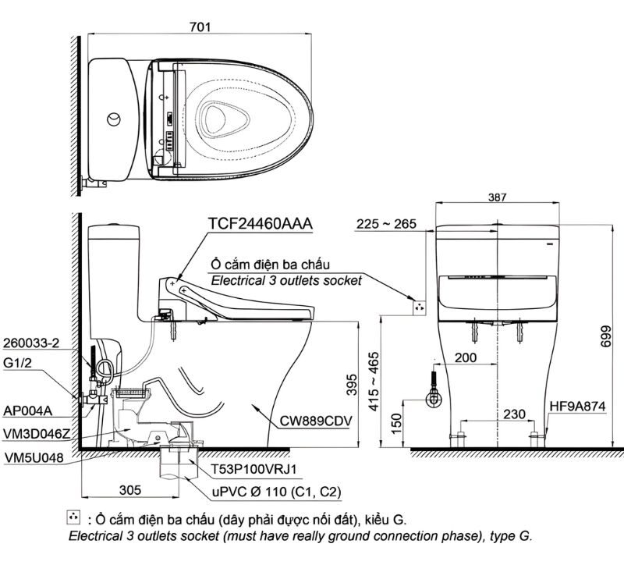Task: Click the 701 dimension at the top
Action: [x=201, y=27]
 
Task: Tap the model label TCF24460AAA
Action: [x=260, y=224]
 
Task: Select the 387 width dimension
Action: [x=496, y=199]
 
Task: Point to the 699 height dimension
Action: [x=608, y=336]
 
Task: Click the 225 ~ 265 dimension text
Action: [x=385, y=225]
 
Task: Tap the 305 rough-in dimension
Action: [x=130, y=490]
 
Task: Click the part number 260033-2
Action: [x=30, y=342]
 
